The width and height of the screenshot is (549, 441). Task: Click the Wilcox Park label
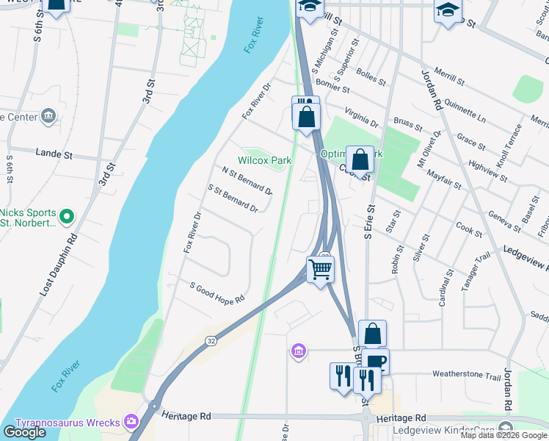264,160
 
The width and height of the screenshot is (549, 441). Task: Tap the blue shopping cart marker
320,269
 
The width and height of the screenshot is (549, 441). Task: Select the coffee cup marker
376,362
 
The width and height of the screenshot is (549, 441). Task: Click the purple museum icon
298,352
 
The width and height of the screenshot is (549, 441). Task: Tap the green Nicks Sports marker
67,217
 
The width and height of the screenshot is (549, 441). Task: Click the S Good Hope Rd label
217,293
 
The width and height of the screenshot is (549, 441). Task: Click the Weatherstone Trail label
466,375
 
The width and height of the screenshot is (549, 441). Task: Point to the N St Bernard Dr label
247,180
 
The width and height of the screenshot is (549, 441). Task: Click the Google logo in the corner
24,432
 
